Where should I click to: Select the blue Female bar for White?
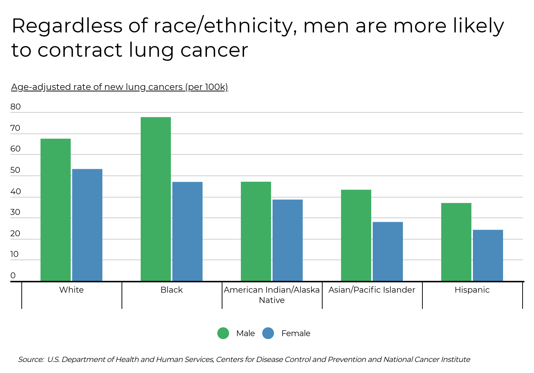tap(87, 225)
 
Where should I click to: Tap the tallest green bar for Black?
tap(156, 199)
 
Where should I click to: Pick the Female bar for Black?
tap(187, 231)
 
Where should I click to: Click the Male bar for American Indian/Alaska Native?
tap(256, 231)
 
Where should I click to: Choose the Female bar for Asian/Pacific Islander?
tap(388, 251)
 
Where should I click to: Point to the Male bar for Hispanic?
tap(456, 242)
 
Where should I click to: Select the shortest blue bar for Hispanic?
tap(488, 255)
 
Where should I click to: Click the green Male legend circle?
tap(223, 333)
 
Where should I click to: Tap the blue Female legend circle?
tap(268, 333)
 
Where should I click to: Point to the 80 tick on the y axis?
tap(15, 107)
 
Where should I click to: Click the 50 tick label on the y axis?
tap(15, 170)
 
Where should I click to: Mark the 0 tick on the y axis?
tap(13, 276)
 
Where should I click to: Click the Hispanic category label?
tap(472, 290)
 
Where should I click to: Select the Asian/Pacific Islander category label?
tap(372, 290)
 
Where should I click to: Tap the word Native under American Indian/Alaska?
tap(272, 300)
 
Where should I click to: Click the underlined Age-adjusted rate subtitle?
tap(120, 87)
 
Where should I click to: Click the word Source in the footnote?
tap(31, 359)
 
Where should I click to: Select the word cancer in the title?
tap(214, 50)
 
